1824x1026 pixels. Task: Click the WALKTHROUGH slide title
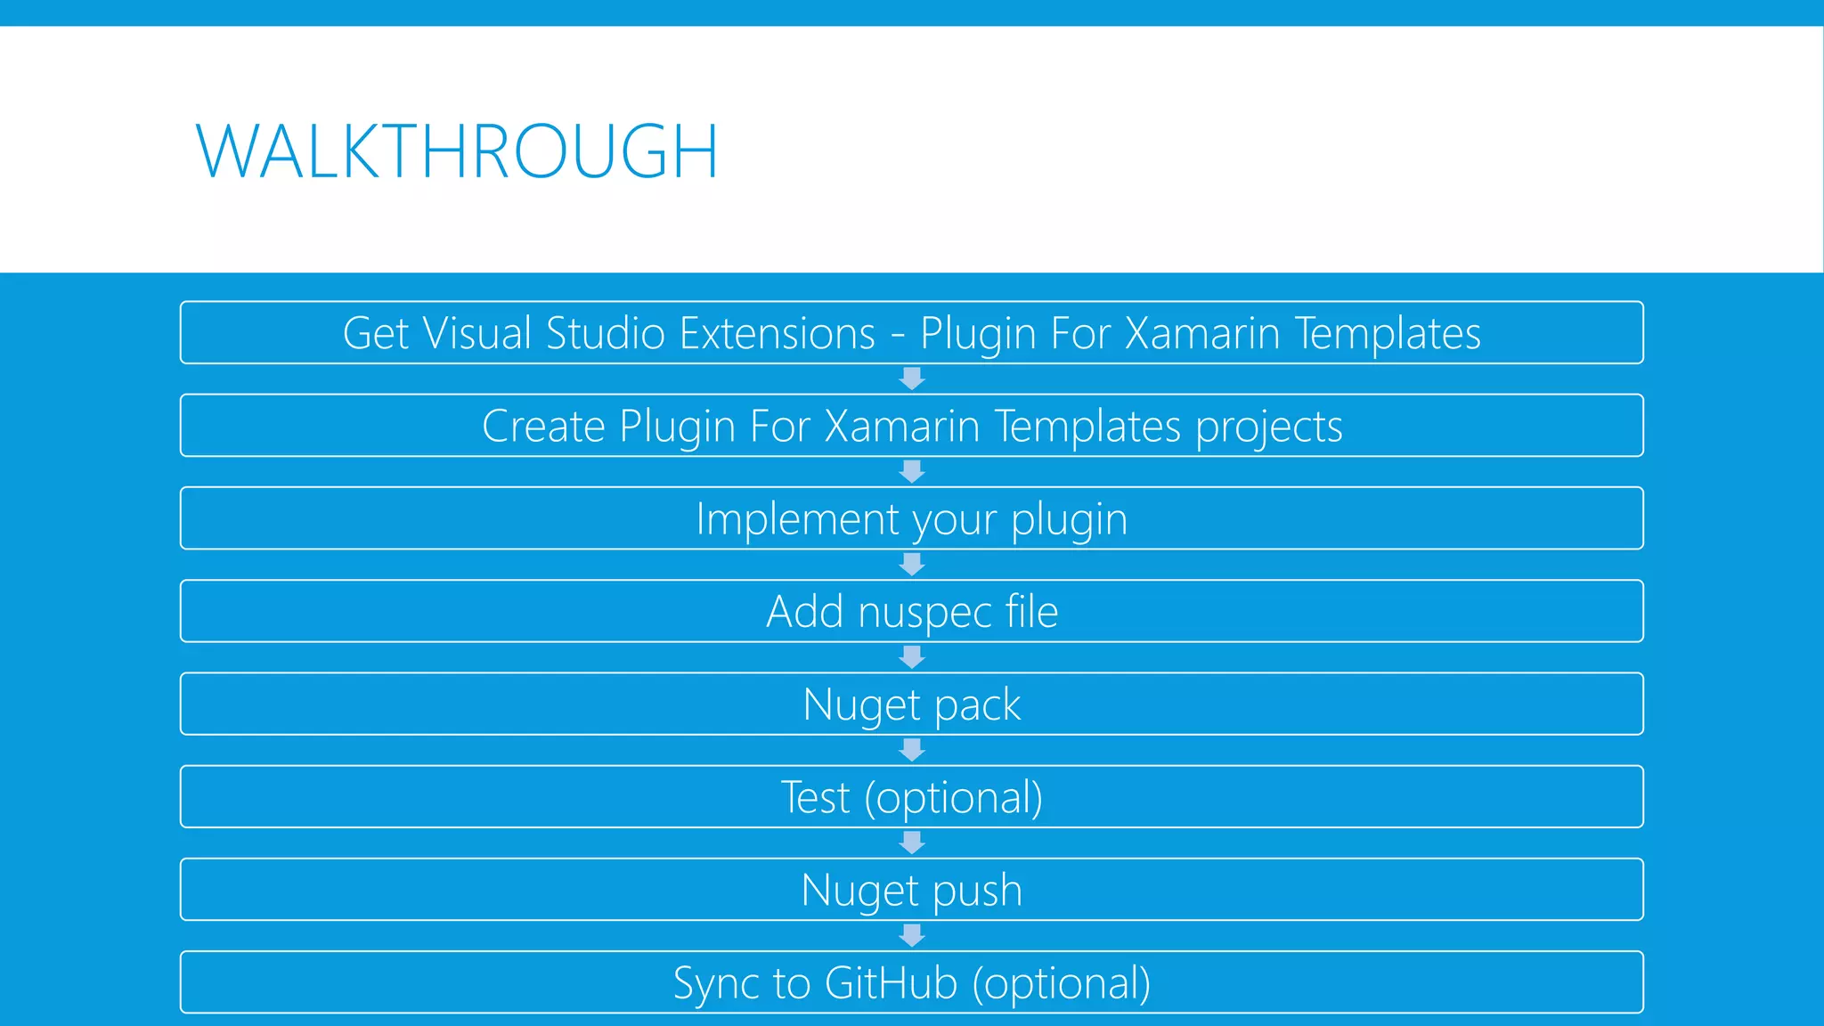click(456, 151)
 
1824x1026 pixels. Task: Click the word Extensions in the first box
click(777, 334)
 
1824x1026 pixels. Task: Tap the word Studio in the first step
click(606, 334)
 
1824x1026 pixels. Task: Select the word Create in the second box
click(543, 427)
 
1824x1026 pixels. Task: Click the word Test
click(815, 798)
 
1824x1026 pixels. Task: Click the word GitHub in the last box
click(891, 984)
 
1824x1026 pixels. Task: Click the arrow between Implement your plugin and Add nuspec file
click(912, 565)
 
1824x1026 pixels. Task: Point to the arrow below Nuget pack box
click(912, 751)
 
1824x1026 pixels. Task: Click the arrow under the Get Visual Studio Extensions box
click(912, 379)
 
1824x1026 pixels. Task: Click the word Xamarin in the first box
click(1201, 334)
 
